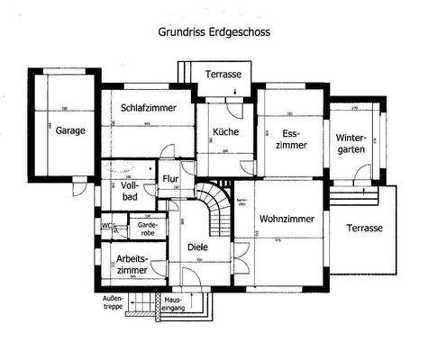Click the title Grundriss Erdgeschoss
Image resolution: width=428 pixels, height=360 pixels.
[x=214, y=31]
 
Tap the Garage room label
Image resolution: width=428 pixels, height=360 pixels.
[x=69, y=130]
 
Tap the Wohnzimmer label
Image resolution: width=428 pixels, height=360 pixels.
[x=286, y=219]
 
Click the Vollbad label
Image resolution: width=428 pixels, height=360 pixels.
[x=129, y=191]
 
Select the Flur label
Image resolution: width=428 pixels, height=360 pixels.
[x=170, y=179]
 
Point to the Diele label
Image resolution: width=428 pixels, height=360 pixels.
[x=197, y=246]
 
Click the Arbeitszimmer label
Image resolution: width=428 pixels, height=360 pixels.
[x=132, y=264]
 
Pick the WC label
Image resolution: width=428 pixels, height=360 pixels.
[x=106, y=226]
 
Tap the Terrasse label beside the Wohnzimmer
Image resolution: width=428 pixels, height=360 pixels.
[x=365, y=229]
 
